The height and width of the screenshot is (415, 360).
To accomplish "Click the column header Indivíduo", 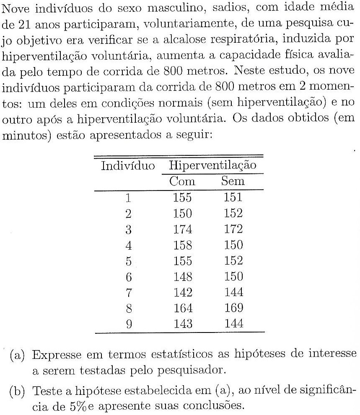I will click(x=128, y=165).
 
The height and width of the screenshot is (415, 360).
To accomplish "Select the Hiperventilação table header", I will click(x=212, y=165).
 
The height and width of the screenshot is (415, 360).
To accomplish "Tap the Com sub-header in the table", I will click(x=182, y=181).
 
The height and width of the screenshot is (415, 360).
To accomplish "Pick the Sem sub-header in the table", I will click(x=233, y=181).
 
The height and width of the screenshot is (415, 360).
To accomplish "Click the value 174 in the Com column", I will click(x=182, y=229).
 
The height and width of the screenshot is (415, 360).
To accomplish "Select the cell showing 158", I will click(x=182, y=245).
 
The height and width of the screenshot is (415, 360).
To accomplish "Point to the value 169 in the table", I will click(x=233, y=309).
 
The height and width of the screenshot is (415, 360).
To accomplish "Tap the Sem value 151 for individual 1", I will click(x=233, y=197).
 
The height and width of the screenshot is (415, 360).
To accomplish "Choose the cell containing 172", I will click(x=233, y=229).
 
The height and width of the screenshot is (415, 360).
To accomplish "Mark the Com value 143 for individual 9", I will click(x=182, y=324).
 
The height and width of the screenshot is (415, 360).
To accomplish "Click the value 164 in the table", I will click(x=182, y=309).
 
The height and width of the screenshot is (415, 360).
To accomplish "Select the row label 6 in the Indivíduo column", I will click(x=129, y=277).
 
